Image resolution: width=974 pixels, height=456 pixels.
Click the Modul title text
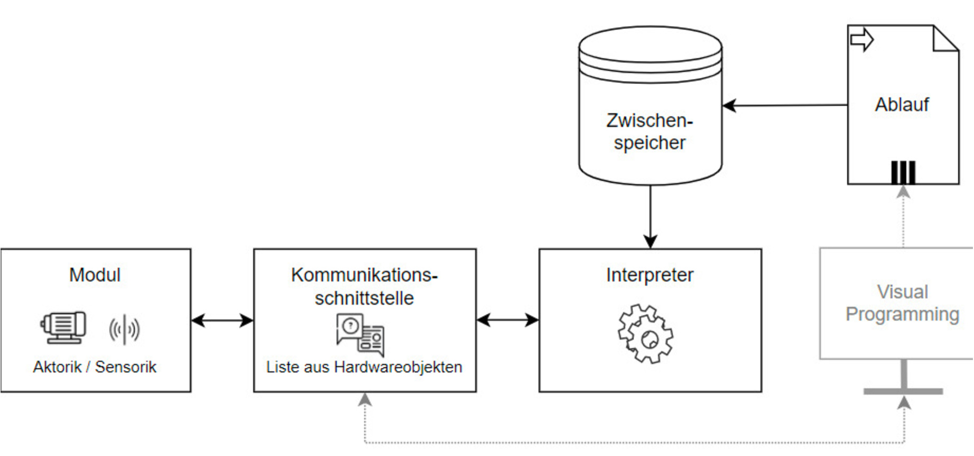95,275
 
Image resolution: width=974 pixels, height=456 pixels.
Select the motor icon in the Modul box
64,327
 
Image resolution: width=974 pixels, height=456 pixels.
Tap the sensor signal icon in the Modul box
124,330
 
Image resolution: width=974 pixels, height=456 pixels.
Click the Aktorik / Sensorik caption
95,367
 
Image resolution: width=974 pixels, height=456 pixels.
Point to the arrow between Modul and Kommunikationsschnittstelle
222,320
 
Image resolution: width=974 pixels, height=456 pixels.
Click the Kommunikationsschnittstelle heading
365,286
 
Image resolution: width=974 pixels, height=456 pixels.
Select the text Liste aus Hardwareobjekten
365,367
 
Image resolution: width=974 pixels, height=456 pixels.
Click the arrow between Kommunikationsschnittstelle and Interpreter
507,320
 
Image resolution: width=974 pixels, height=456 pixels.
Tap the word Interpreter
650,275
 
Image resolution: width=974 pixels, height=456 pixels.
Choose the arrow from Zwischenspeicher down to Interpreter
650,217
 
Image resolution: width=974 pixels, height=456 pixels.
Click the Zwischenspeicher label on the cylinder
650,132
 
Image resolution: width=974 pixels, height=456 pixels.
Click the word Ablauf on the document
902,105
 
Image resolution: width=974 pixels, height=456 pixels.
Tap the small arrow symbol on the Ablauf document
861,40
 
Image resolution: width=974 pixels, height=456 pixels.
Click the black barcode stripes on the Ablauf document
903,172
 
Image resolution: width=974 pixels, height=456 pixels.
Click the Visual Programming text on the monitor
903,303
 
